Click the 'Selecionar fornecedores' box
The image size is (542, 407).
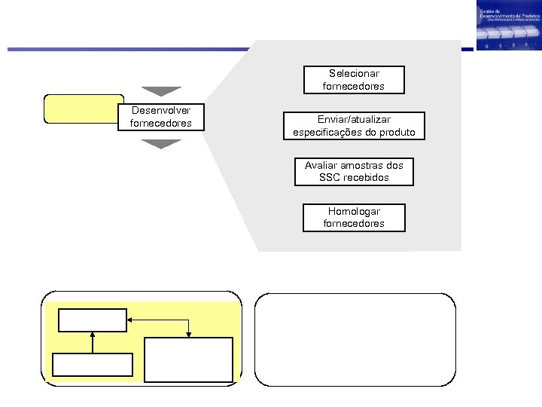coord(353,80)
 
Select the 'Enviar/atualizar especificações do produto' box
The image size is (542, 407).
coord(354,127)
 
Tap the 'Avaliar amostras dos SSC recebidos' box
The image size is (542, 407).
coord(354,173)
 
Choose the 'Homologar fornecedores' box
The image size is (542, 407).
coord(353,218)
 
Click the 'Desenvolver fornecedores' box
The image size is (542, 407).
coord(161,118)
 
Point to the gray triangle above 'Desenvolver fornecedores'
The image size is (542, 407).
coord(161,91)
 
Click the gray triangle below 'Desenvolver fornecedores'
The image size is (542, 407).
coord(161,143)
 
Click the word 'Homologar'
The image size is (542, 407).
coord(354,212)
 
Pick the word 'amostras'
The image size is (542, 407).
coord(360,166)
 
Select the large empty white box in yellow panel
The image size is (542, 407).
coord(189,360)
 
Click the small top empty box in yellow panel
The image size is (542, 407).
coord(93,320)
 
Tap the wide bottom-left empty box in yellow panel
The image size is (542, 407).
coord(93,365)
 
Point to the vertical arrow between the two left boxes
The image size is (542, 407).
coord(93,342)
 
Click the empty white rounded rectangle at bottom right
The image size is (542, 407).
coord(355,339)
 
